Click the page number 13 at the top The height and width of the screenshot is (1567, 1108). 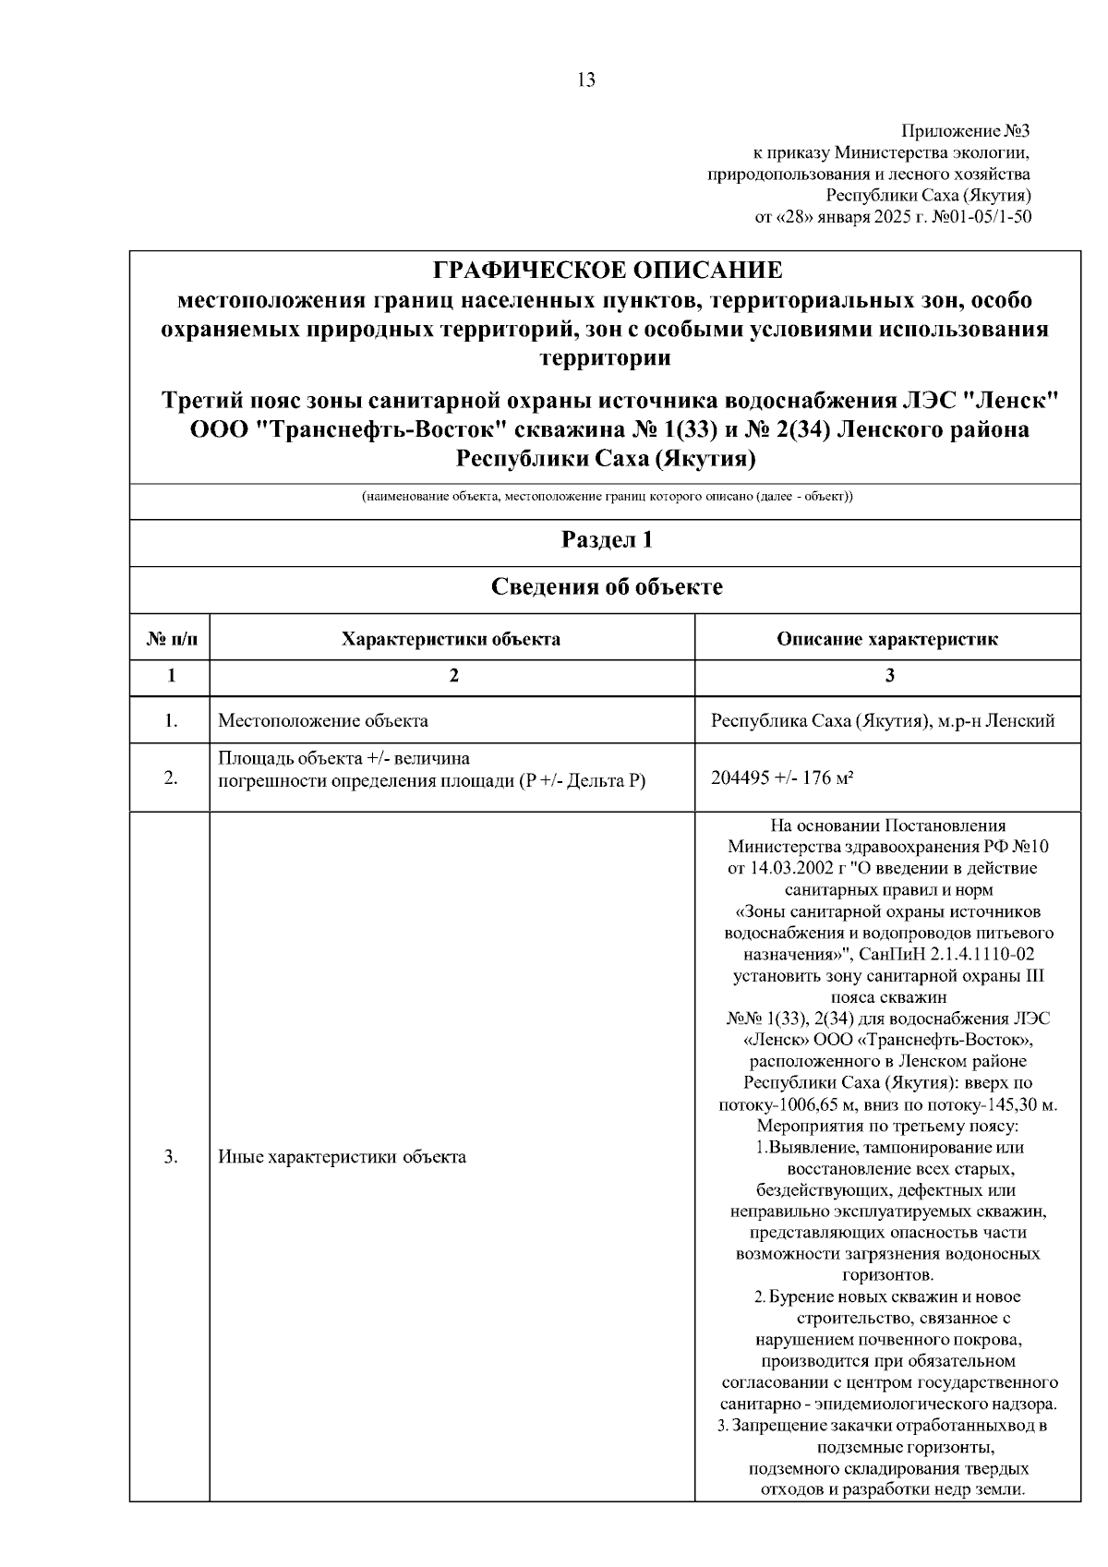pyautogui.click(x=586, y=79)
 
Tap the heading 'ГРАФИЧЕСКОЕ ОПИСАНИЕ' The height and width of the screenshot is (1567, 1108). pyautogui.click(x=607, y=271)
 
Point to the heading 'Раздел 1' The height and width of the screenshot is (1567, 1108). pyautogui.click(x=607, y=540)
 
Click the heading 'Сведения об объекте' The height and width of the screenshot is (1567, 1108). pyautogui.click(x=607, y=587)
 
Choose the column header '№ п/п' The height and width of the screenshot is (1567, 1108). pyautogui.click(x=171, y=639)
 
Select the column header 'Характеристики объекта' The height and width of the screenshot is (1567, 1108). pyautogui.click(x=452, y=639)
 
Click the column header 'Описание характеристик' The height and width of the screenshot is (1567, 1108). pyautogui.click(x=886, y=639)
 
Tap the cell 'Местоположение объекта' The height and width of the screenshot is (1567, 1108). pyautogui.click(x=323, y=721)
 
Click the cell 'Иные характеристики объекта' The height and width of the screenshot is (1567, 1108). pyautogui.click(x=342, y=1157)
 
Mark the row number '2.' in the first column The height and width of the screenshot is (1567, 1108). pyautogui.click(x=171, y=777)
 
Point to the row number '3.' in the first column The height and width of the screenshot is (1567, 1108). pyautogui.click(x=171, y=1157)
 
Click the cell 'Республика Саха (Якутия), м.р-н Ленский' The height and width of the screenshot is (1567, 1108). pyautogui.click(x=883, y=721)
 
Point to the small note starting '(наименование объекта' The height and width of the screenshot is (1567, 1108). pyautogui.click(x=607, y=497)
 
